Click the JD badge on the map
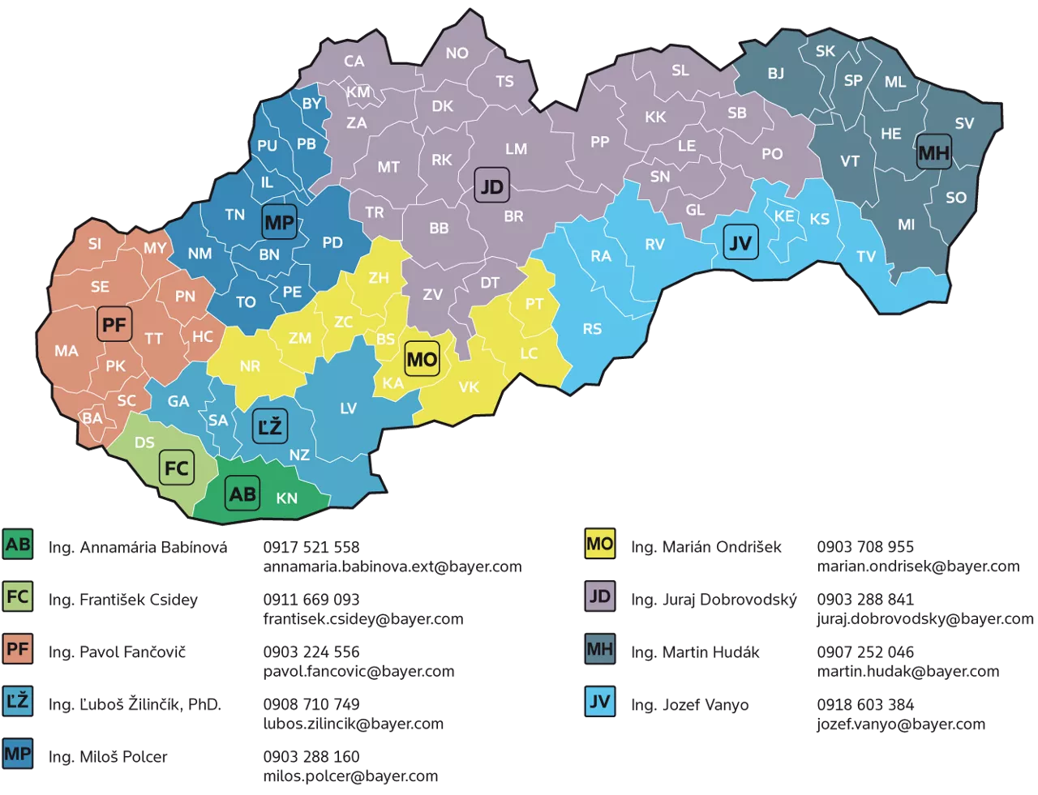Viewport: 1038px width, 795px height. tap(491, 186)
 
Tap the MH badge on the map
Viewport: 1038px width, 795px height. tap(933, 152)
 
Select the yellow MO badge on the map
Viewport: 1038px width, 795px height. tap(422, 359)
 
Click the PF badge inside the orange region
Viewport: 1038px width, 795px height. tap(114, 324)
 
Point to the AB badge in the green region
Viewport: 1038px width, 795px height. tap(242, 494)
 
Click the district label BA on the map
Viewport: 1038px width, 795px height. tap(92, 418)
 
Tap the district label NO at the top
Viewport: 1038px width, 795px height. tap(457, 53)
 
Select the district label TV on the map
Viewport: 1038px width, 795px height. tap(866, 257)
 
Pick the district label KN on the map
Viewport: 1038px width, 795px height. tap(287, 498)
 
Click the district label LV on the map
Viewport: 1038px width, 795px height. tap(349, 408)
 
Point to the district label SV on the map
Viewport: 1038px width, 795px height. tap(964, 123)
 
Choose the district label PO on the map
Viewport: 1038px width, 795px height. tap(772, 154)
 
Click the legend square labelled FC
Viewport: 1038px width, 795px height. tap(18, 597)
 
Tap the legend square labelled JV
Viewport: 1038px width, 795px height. tap(600, 702)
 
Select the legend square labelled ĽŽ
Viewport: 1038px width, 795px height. tap(18, 702)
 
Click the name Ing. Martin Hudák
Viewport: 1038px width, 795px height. tap(695, 652)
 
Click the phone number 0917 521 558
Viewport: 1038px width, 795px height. tap(311, 548)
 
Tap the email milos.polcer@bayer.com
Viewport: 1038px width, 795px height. tap(350, 776)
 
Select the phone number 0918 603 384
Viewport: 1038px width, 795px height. tap(865, 705)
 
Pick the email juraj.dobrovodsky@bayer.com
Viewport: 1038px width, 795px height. tap(925, 619)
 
